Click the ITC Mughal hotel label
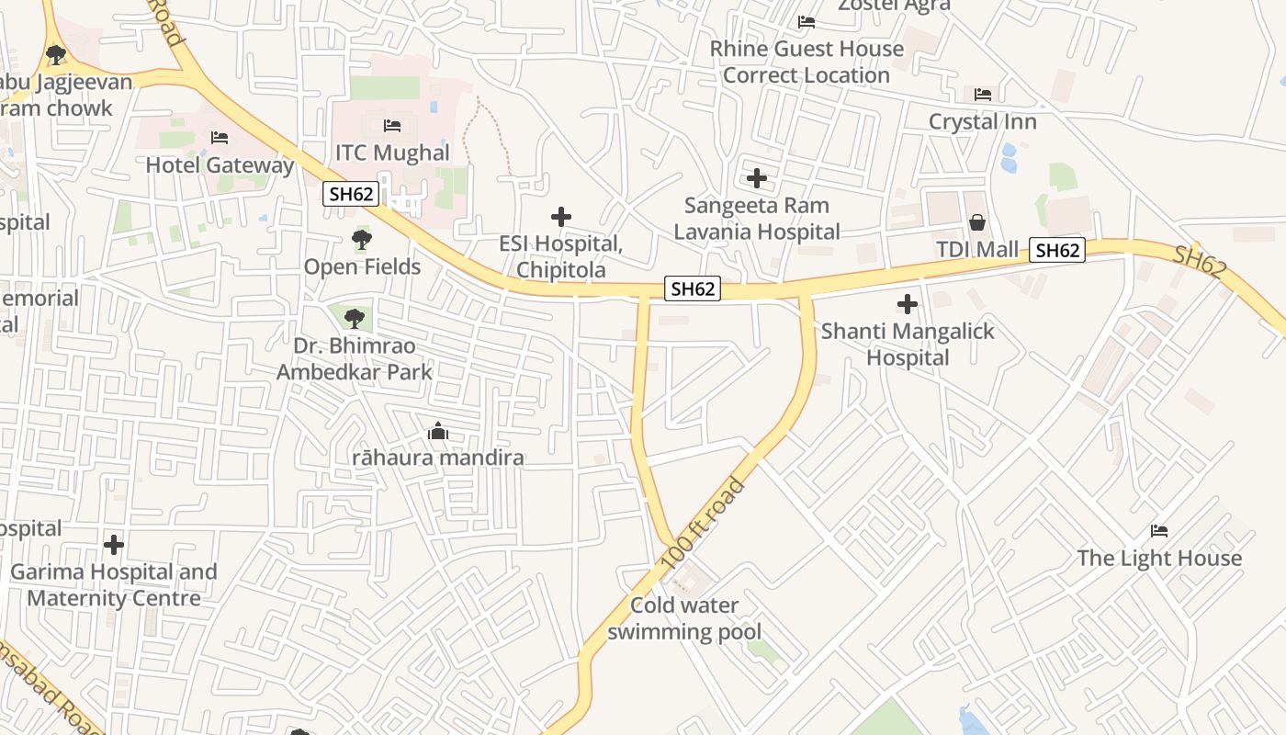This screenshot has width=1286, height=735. tap(392, 153)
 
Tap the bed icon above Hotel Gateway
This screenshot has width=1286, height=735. tap(220, 138)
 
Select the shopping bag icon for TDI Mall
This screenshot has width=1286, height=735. tap(977, 222)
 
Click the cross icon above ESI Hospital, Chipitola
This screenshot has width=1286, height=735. tap(561, 218)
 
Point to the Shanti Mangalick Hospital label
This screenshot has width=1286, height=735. tap(908, 344)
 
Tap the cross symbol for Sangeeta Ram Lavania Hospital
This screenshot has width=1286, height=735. tap(757, 177)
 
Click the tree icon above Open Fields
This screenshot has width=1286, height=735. tap(362, 241)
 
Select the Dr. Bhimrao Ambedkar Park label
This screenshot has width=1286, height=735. tap(355, 359)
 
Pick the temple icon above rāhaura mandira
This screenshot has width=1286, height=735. tap(438, 431)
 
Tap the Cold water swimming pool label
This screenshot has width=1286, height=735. tap(684, 618)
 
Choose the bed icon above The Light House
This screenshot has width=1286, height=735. tap(1159, 531)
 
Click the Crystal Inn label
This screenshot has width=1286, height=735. tap(982, 121)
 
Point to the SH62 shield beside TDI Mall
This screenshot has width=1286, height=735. tap(1056, 250)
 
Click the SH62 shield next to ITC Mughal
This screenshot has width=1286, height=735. tap(351, 194)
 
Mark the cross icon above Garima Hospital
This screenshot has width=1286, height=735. tap(114, 545)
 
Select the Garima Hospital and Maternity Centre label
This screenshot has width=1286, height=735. tap(114, 585)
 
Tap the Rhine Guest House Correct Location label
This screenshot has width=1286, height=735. tap(807, 62)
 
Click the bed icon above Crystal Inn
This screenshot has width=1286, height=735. tap(983, 95)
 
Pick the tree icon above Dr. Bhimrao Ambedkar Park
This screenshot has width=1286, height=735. tap(354, 319)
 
